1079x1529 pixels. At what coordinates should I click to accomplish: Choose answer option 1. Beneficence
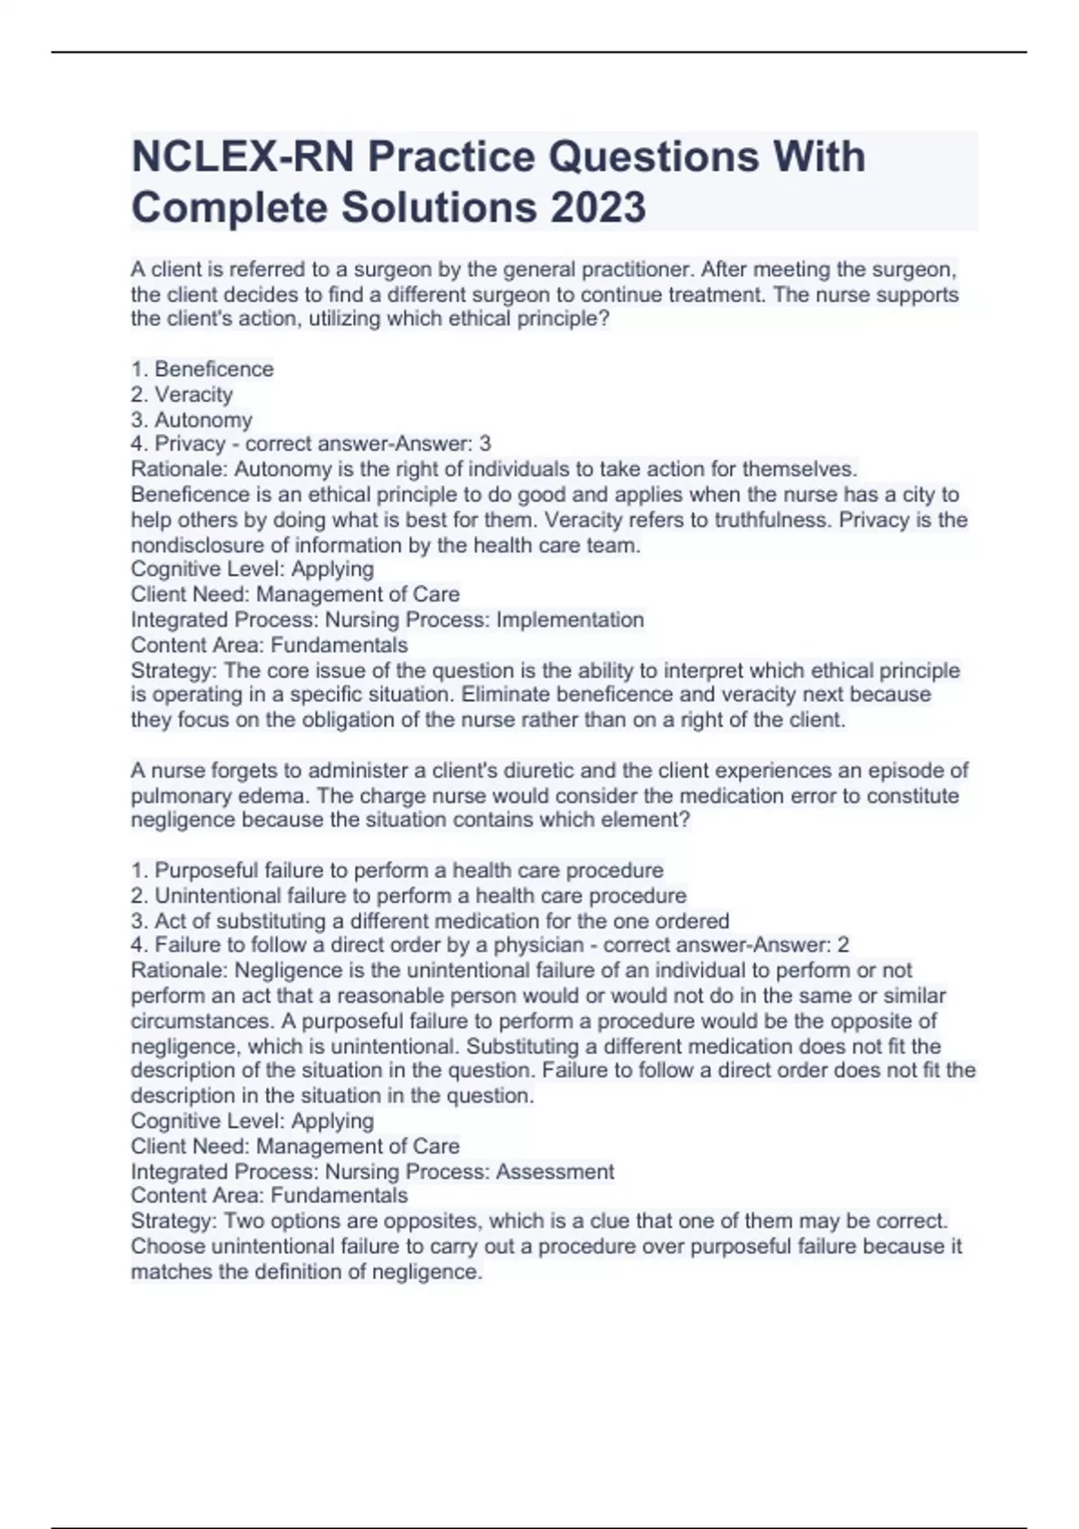click(202, 369)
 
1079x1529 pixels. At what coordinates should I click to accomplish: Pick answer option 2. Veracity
click(182, 394)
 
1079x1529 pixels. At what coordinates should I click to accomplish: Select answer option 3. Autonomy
click(192, 419)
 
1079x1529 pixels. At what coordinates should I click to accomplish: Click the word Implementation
click(570, 620)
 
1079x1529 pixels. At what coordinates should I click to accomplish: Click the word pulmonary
click(176, 796)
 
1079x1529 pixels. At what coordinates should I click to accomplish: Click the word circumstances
click(201, 1021)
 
